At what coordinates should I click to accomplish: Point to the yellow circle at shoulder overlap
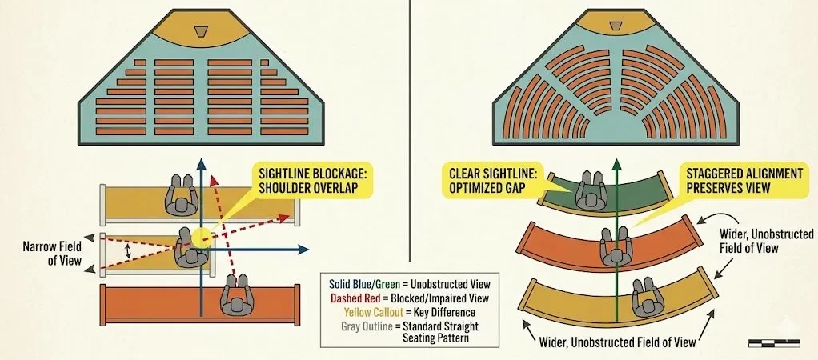(202, 236)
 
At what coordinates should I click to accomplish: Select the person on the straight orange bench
(236, 297)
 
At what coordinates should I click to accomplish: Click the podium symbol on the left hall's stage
(202, 30)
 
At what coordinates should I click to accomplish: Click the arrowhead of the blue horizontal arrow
(305, 250)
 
